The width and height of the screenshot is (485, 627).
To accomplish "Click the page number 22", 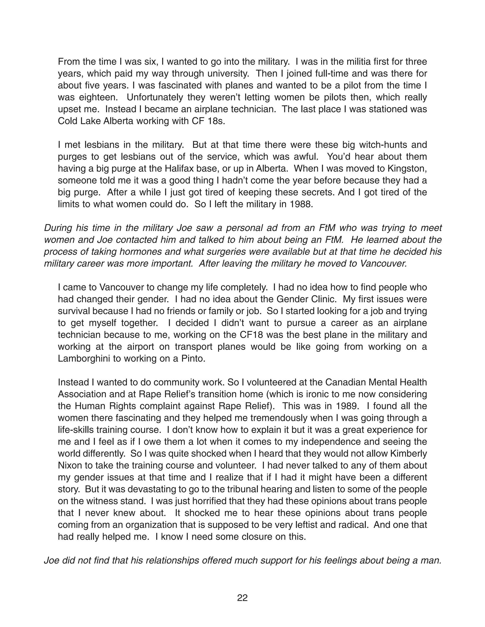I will pyautogui.click(x=242, y=598).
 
